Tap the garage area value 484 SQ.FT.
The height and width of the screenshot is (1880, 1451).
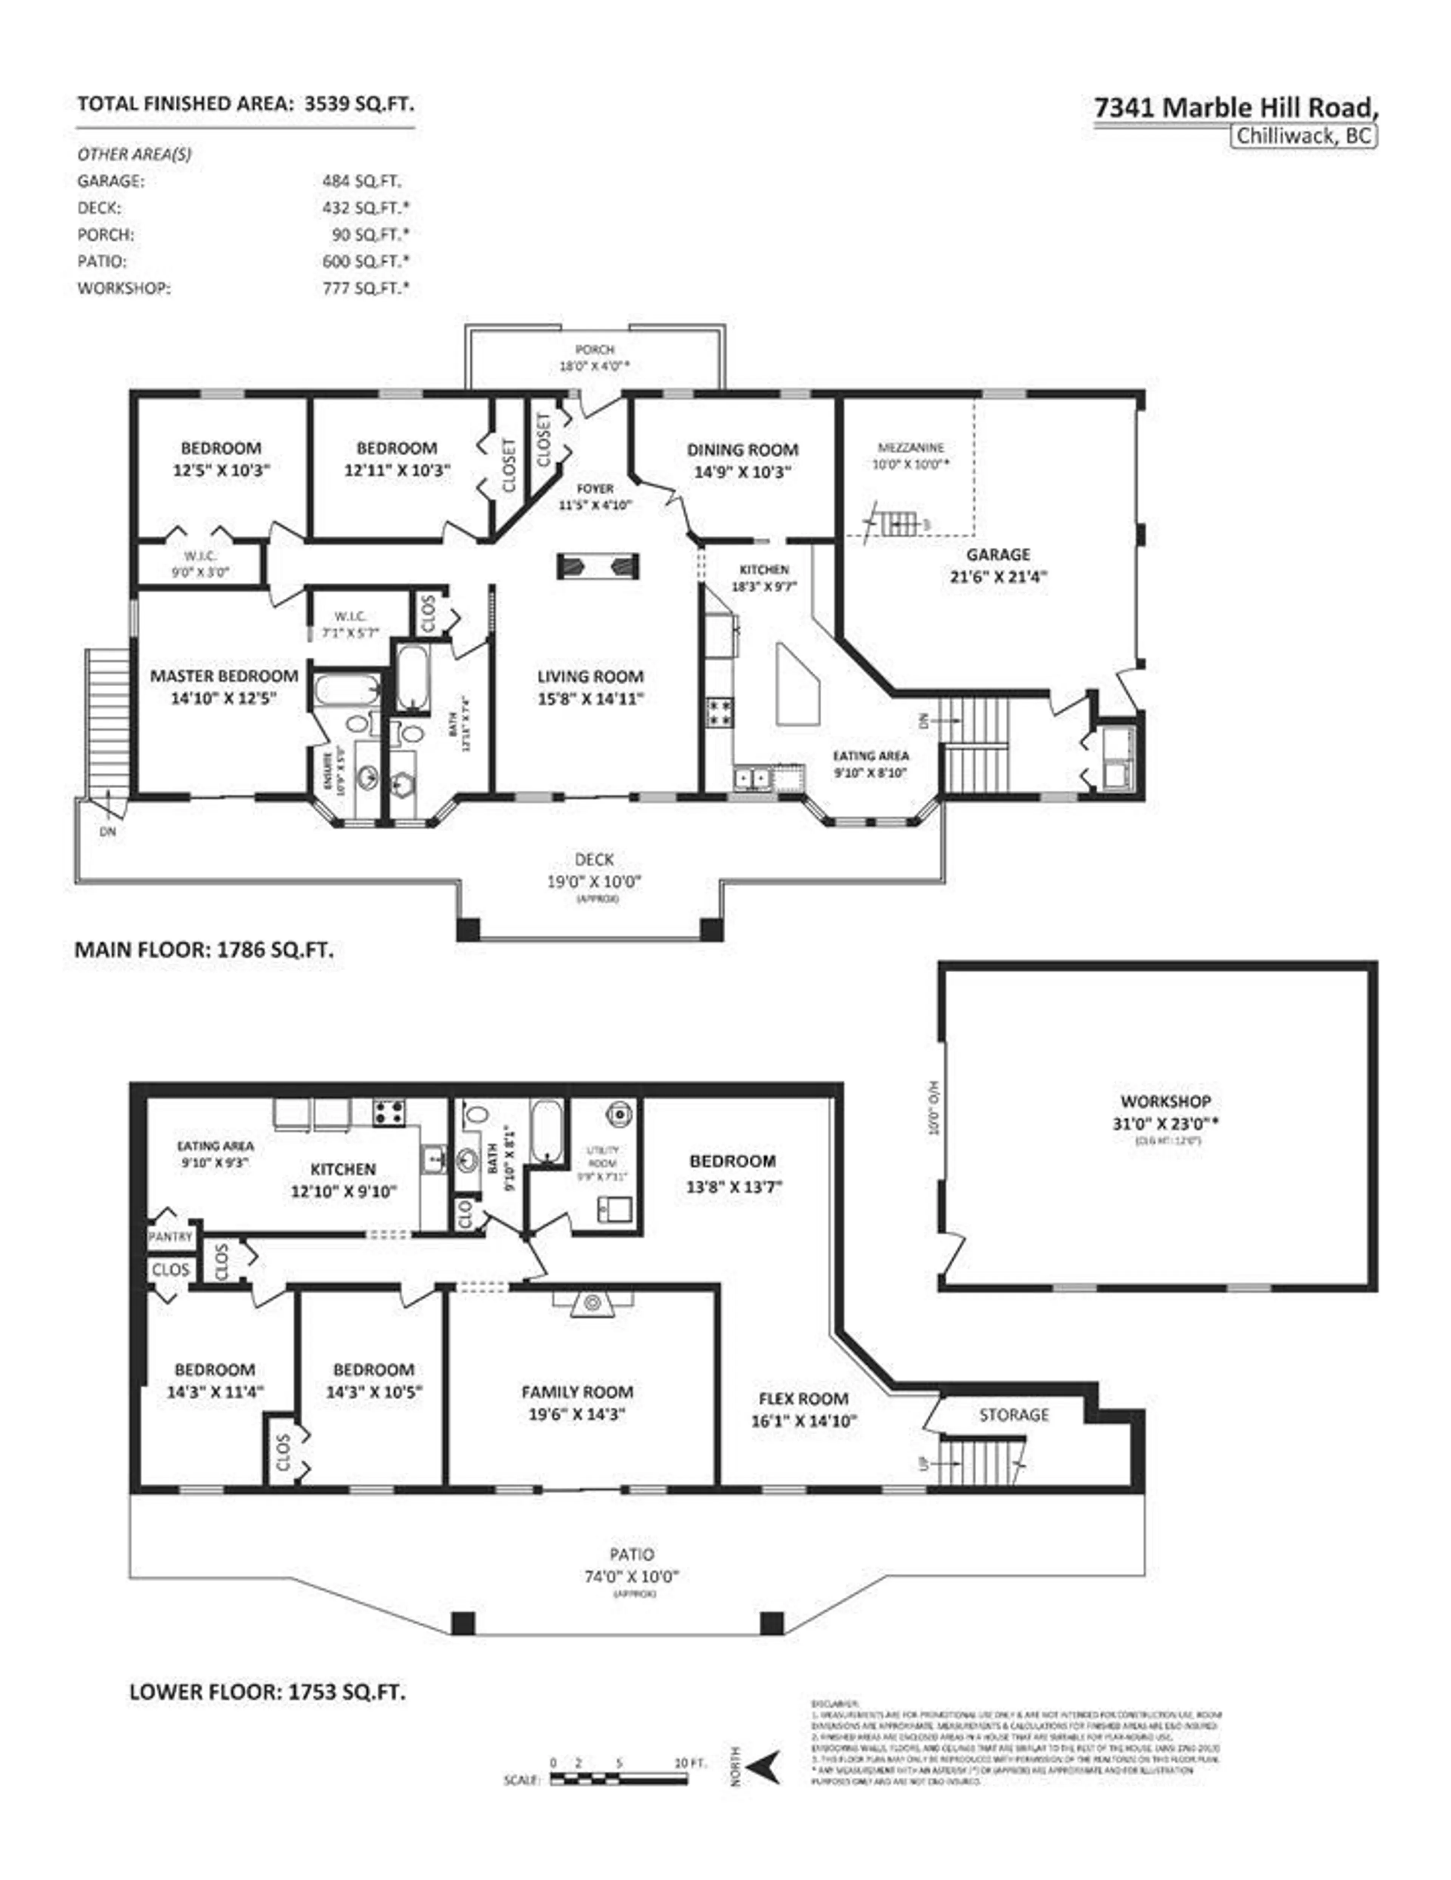362,181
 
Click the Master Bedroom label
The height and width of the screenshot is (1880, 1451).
224,676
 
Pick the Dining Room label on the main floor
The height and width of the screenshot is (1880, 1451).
742,449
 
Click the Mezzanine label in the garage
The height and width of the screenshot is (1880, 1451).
911,448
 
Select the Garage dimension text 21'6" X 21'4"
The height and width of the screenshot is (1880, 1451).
998,577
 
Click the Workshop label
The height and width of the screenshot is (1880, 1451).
1165,1101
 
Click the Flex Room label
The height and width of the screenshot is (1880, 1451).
803,1398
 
